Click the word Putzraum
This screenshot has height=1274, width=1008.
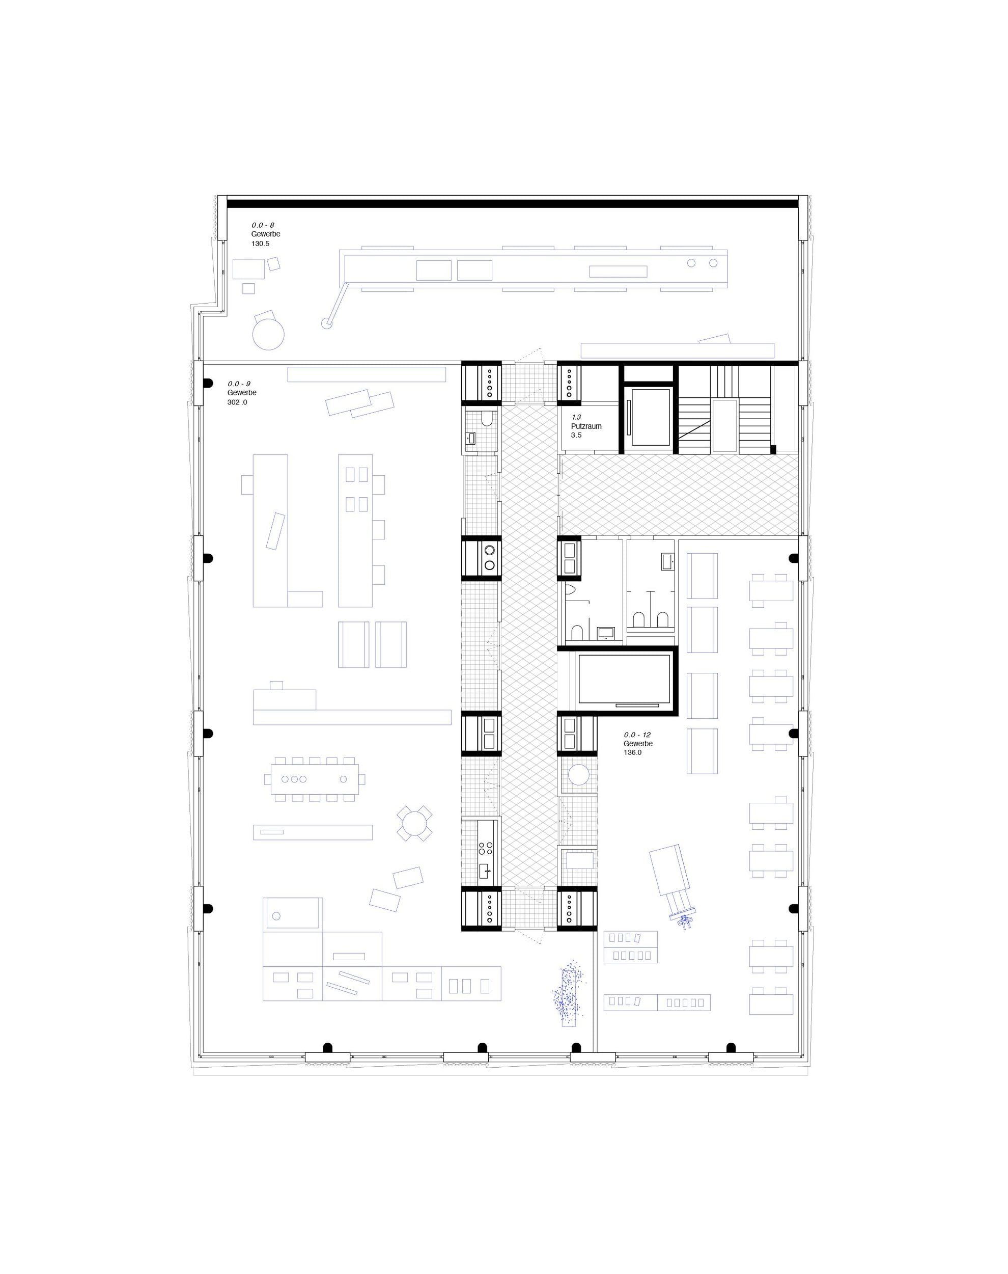(x=586, y=426)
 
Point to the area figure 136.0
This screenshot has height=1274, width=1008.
(x=633, y=753)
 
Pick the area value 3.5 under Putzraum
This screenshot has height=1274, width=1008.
(x=576, y=435)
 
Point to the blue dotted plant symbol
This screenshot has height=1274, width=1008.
(x=566, y=995)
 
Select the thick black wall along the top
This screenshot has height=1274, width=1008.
(x=513, y=204)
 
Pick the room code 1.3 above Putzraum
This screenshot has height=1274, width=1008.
(x=576, y=417)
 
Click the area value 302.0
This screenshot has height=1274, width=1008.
(x=237, y=402)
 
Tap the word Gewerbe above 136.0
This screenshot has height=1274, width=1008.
(x=638, y=744)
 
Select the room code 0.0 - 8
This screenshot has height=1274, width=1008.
(x=263, y=225)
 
